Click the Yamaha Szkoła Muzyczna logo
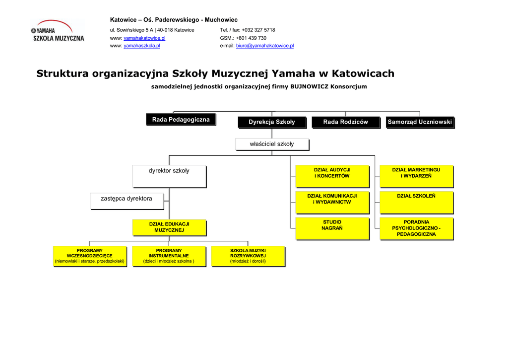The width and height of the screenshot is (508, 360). [58, 31]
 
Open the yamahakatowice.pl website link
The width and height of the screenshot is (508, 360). [144, 38]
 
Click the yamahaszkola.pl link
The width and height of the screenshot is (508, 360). [142, 46]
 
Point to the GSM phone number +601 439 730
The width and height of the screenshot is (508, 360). [251, 38]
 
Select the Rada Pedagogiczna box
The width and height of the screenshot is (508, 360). [181, 120]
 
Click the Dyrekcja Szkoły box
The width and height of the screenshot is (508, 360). [271, 122]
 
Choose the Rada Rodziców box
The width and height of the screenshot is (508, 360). [345, 122]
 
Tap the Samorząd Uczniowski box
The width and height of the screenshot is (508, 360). [420, 122]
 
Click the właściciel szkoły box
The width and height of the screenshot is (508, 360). [271, 144]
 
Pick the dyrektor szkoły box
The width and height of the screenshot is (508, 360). [169, 176]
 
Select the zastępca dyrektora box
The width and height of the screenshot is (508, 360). [127, 201]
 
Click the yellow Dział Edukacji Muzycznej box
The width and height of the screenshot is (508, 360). [169, 227]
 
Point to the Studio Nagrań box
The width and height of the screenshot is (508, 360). [332, 228]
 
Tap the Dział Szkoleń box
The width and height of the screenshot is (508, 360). [416, 202]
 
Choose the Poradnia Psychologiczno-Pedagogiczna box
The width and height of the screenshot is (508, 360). [416, 228]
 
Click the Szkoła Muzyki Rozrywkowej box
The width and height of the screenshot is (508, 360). [248, 256]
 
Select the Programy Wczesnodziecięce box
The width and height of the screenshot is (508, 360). [89, 256]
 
